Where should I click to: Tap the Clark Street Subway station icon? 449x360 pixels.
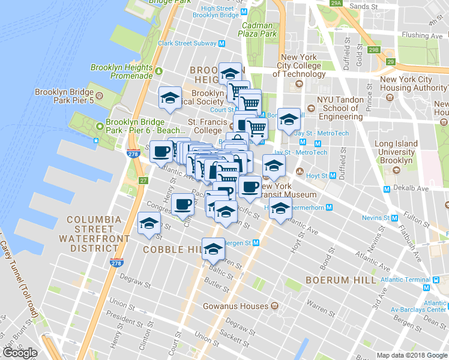pos(221,43)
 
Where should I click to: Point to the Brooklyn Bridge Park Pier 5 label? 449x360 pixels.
pos(64,97)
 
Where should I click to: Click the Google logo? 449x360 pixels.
pos(20,353)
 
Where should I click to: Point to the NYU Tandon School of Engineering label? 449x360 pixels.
pos(340,108)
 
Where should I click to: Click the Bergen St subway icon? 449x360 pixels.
pos(256,242)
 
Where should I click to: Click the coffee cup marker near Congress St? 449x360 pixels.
pos(183,203)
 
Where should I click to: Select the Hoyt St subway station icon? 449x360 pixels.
pos(332,176)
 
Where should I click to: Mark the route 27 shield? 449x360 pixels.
pos(143,181)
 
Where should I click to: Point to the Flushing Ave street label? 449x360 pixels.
pos(423,35)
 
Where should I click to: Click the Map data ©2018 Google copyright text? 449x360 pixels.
pos(411,355)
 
